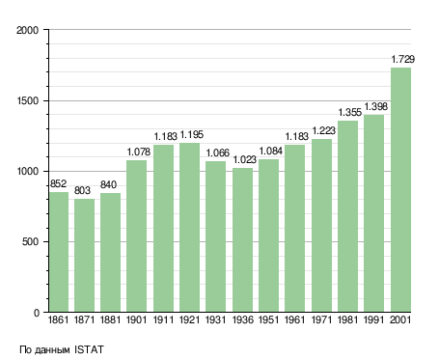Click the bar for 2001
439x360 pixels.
pyautogui.click(x=400, y=190)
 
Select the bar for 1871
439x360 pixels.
pyautogui.click(x=84, y=256)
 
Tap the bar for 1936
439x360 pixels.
pyautogui.click(x=242, y=240)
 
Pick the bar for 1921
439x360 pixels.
pyautogui.click(x=189, y=228)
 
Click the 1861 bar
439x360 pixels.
pyautogui.click(x=59, y=252)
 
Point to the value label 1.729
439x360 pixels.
pyautogui.click(x=402, y=59)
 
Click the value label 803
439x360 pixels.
pyautogui.click(x=82, y=190)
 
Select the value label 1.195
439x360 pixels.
pyautogui.click(x=191, y=134)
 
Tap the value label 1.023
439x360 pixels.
pyautogui.click(x=244, y=159)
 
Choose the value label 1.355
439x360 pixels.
pyautogui.click(x=350, y=112)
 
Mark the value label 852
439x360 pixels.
pyautogui.click(x=58, y=183)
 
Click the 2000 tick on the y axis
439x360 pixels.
pyautogui.click(x=27, y=30)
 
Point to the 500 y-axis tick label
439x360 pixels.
pyautogui.click(x=30, y=241)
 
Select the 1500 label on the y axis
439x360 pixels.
pyautogui.click(x=27, y=100)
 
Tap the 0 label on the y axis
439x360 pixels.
pyautogui.click(x=36, y=313)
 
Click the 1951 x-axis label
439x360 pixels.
pyautogui.click(x=268, y=319)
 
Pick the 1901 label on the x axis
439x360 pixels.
pyautogui.click(x=136, y=319)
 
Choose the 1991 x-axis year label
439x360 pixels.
pyautogui.click(x=374, y=319)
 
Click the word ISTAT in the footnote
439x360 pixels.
pyautogui.click(x=89, y=349)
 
